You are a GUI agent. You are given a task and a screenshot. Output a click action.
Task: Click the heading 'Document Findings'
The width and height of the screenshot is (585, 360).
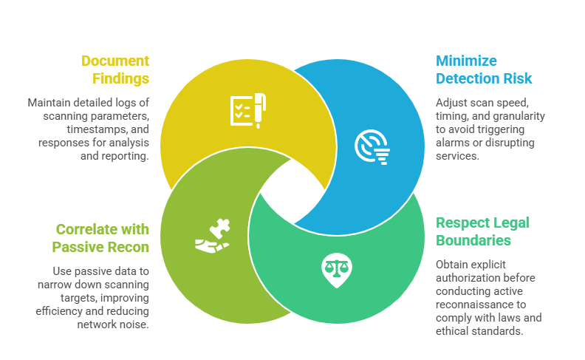point(114,69)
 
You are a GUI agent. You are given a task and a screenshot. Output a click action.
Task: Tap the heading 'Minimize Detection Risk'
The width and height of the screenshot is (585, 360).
point(483,69)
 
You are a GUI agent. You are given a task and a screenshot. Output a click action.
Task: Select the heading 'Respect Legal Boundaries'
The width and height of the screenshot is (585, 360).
point(482,231)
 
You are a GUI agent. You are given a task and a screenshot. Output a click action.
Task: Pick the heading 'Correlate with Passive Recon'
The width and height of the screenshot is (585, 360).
point(103,238)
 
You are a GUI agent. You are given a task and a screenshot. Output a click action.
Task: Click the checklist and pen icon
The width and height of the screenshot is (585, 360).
point(247,109)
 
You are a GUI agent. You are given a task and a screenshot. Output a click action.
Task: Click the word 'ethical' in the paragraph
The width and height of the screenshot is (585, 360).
point(453,330)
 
